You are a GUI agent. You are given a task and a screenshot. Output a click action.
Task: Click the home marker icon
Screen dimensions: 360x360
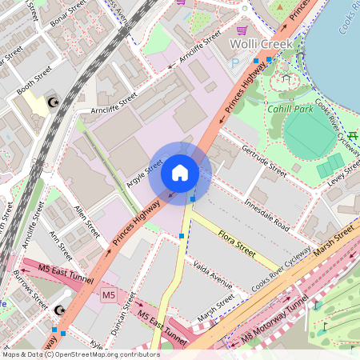179,173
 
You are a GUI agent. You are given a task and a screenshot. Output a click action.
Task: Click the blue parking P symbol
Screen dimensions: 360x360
234,62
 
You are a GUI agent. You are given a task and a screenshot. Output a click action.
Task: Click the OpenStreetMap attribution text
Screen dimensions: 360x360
80,354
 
